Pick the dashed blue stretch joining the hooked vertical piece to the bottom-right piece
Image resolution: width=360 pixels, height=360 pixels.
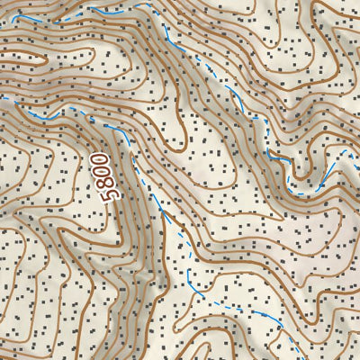click(x=229, y=304)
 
